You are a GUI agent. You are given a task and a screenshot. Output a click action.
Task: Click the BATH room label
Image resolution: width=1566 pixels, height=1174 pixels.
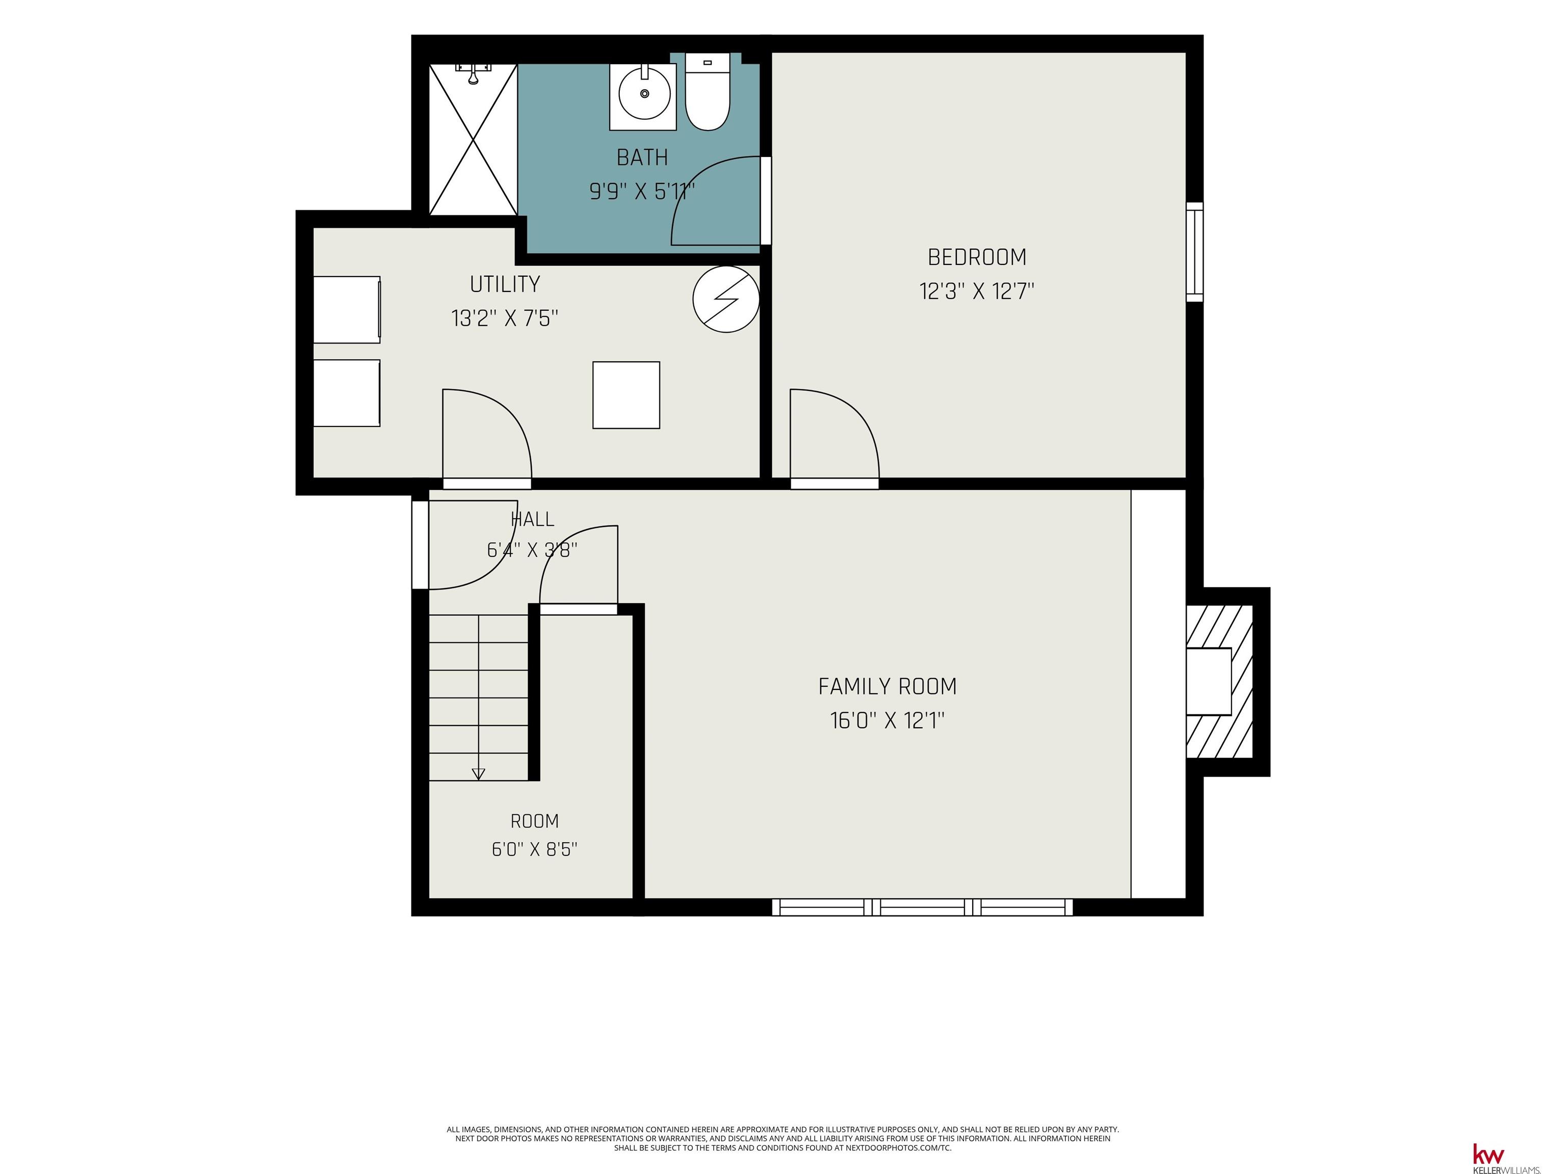[642, 157]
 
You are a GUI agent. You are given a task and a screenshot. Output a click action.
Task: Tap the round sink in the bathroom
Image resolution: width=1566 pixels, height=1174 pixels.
[644, 94]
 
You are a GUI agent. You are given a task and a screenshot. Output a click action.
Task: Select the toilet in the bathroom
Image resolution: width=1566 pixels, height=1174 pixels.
[707, 92]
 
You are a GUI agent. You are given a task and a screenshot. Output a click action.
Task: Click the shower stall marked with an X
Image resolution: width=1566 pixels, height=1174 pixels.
[474, 140]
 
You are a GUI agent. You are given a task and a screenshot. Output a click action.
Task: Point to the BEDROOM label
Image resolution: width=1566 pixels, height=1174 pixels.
[977, 257]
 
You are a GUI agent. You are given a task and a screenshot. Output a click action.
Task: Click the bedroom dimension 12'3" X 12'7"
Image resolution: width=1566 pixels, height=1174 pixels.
[977, 291]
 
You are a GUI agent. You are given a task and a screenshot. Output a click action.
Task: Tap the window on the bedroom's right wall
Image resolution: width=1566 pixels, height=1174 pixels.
[1194, 252]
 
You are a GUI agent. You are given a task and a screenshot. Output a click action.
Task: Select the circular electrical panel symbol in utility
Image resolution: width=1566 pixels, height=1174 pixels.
[726, 299]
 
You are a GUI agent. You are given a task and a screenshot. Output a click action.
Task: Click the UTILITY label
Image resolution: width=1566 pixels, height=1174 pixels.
[505, 284]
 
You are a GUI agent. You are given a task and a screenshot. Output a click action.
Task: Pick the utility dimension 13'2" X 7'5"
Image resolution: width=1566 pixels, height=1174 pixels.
[505, 318]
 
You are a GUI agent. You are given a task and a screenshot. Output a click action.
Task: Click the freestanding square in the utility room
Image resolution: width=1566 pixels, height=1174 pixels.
[627, 395]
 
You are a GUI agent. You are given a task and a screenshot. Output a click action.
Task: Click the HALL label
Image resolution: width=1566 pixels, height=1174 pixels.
[532, 519]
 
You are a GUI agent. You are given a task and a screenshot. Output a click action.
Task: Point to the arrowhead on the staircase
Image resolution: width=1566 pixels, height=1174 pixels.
[479, 773]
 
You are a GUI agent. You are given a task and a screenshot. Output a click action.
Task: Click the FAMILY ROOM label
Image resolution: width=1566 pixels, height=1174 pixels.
[887, 686]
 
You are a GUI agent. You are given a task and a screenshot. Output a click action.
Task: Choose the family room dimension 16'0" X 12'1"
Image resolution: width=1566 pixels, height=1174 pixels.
[887, 721]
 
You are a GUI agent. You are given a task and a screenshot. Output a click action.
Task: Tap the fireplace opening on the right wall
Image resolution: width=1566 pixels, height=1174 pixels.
[1209, 681]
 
